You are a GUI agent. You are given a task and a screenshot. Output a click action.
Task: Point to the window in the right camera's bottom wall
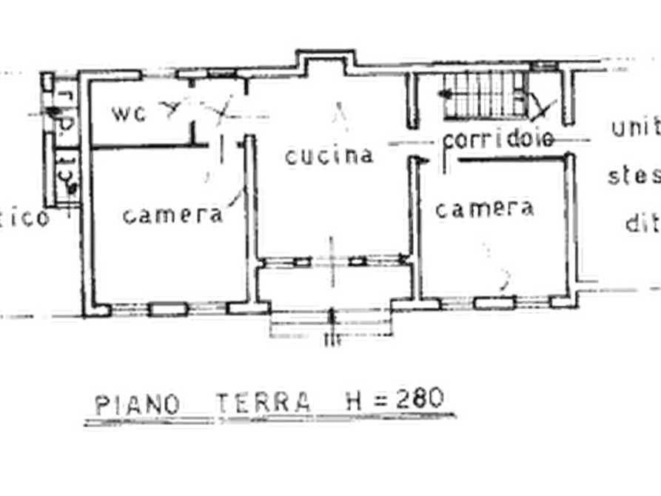click(x=493, y=302)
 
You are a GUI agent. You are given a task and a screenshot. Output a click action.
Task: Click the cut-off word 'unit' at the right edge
click(x=634, y=130)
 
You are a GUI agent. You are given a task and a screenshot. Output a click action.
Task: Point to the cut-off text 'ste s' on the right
click(x=634, y=176)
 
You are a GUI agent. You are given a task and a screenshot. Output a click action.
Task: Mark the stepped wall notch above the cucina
click(x=326, y=62)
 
